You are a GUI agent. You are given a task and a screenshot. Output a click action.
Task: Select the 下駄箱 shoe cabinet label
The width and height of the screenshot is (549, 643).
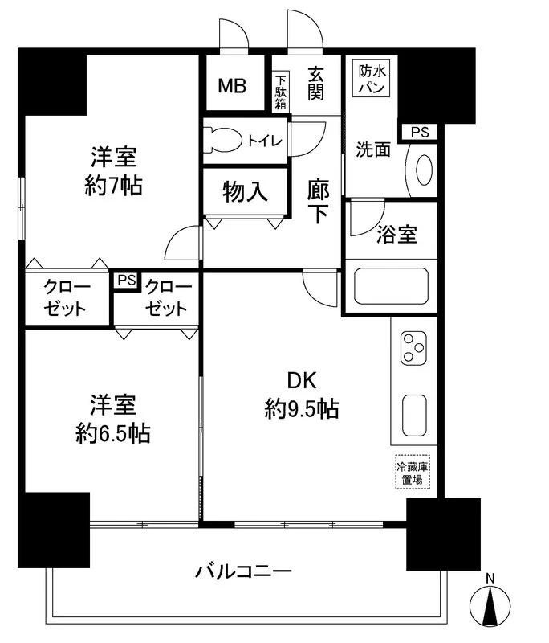pos(280,91)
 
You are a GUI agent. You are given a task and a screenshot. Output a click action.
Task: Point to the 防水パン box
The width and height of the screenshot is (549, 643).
pos(371,79)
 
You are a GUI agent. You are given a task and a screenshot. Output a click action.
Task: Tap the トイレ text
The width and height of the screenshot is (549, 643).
pos(264,141)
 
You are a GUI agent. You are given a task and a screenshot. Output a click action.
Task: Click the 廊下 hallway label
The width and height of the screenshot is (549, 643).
pos(317,203)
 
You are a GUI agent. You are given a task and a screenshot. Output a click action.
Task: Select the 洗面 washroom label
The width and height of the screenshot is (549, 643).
pos(374,149)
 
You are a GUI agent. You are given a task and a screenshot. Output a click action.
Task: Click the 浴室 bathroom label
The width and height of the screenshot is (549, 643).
pos(396,235)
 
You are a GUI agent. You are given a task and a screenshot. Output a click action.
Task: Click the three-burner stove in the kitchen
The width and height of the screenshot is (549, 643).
pos(413,347)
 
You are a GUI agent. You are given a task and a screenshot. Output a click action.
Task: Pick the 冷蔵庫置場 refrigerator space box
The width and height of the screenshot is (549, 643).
pos(412,472)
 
